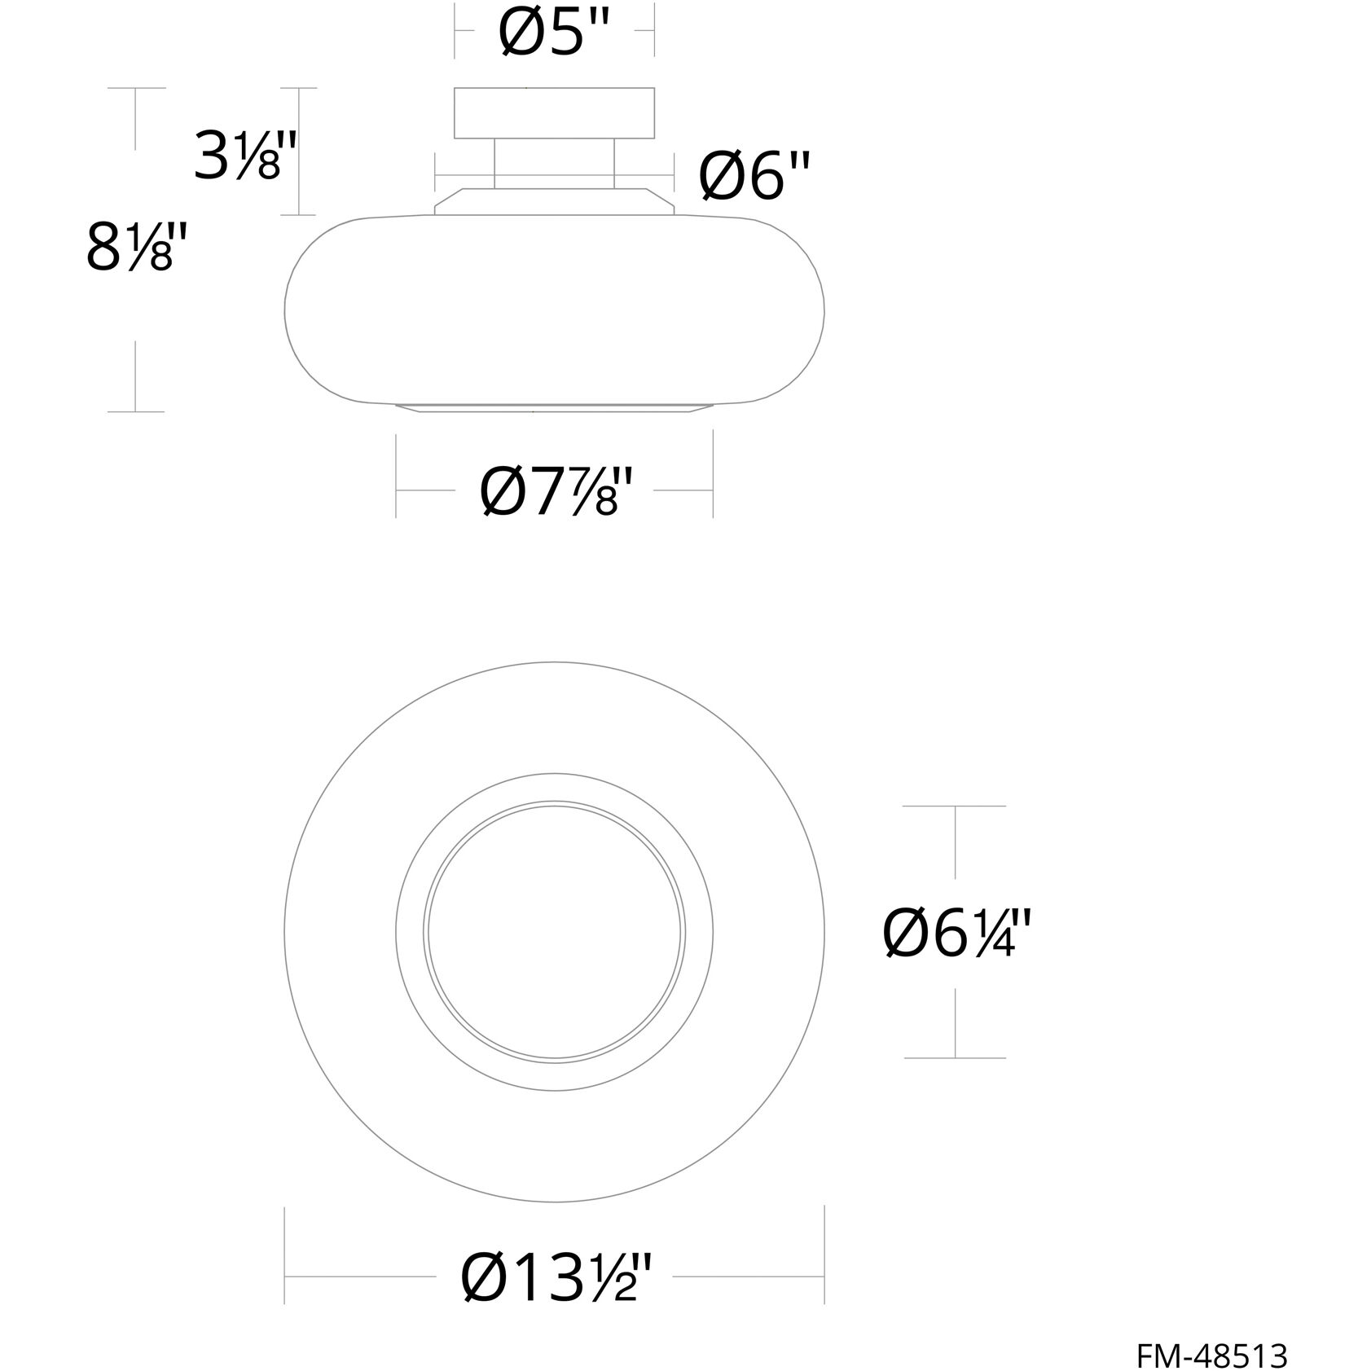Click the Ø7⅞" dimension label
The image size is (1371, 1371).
(x=556, y=491)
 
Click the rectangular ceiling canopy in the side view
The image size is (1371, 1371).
(x=555, y=113)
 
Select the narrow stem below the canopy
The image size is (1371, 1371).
(x=555, y=163)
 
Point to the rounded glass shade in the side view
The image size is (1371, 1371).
(x=555, y=310)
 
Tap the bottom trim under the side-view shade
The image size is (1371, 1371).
(x=555, y=407)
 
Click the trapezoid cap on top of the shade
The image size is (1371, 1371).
(x=555, y=203)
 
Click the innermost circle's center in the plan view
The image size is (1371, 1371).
(x=555, y=930)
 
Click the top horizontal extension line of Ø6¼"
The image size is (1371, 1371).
(x=955, y=806)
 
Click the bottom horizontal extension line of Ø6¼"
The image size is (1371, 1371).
(x=955, y=1057)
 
